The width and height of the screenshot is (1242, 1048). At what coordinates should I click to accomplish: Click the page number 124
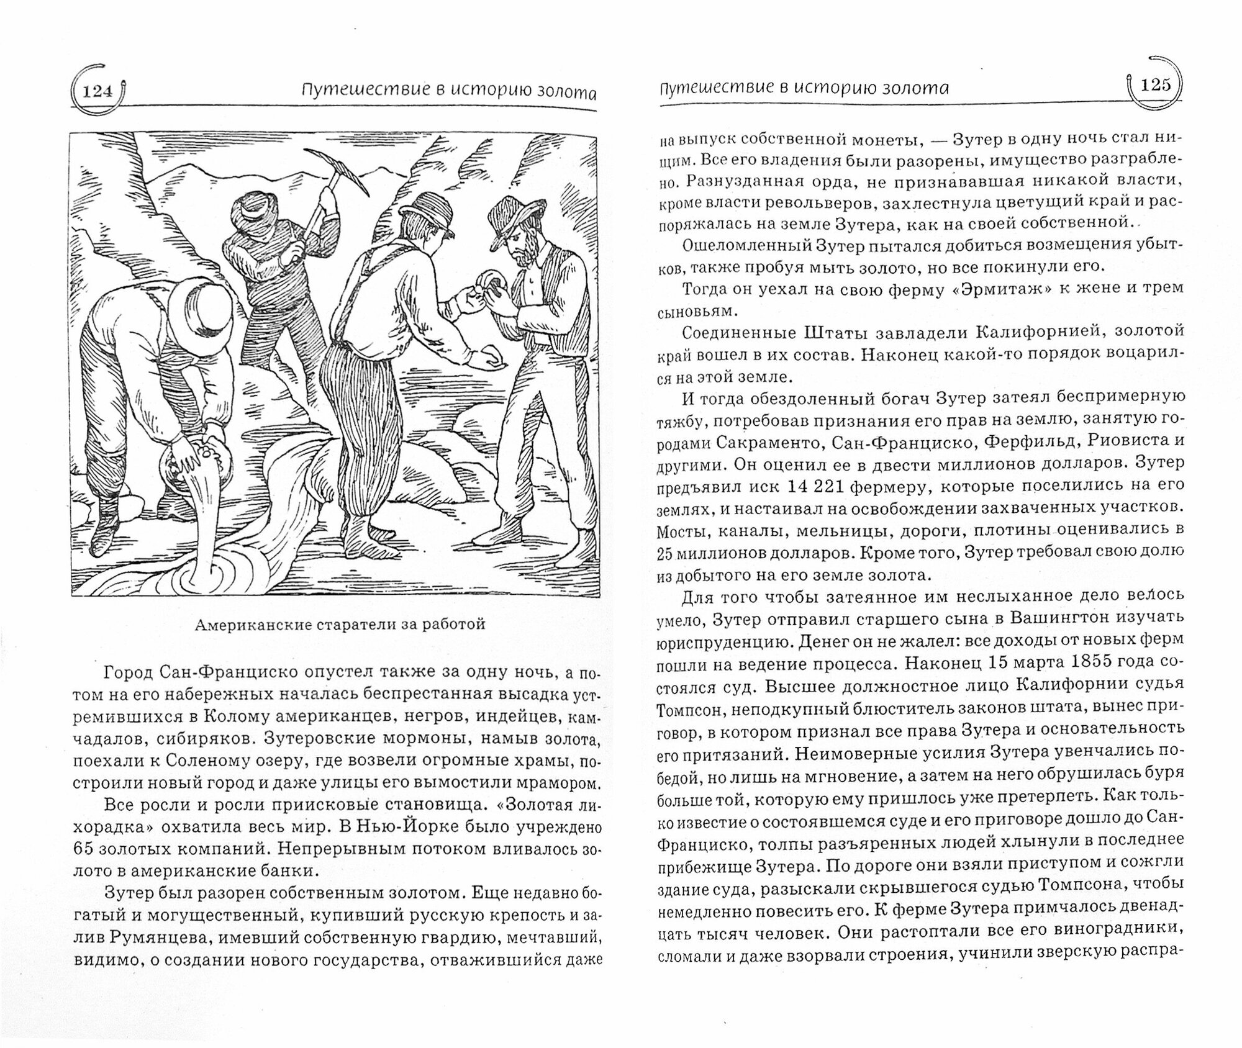pyautogui.click(x=96, y=92)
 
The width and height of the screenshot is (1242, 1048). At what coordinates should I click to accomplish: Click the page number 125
pyautogui.click(x=1154, y=85)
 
